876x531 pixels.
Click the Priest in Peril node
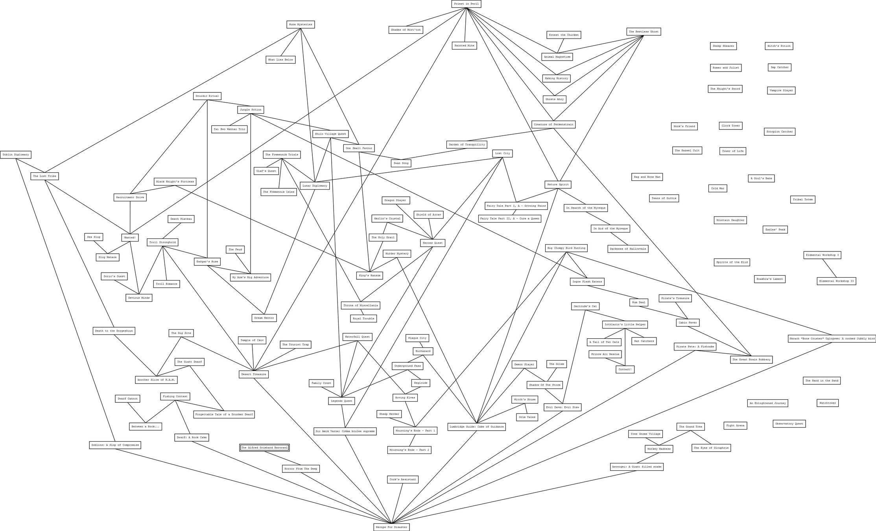(x=466, y=4)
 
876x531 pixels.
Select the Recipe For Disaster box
(x=391, y=527)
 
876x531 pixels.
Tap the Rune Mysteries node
(x=301, y=24)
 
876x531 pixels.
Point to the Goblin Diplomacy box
(x=16, y=155)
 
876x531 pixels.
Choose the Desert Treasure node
(x=254, y=374)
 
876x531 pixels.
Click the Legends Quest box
(x=341, y=401)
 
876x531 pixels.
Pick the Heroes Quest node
(x=433, y=243)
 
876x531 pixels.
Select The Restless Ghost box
(x=644, y=31)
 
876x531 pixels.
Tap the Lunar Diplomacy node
(x=315, y=186)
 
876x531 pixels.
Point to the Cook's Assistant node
(x=402, y=479)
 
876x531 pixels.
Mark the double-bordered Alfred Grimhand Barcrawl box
(x=264, y=448)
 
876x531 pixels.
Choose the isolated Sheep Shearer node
(x=723, y=46)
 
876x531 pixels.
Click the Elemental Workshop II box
(x=836, y=281)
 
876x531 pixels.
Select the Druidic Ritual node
(x=207, y=96)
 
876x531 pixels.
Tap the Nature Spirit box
(x=558, y=184)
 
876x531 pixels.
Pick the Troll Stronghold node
(x=162, y=242)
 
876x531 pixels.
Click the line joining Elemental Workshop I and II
(x=830, y=268)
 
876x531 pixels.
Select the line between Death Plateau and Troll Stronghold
(x=172, y=230)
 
